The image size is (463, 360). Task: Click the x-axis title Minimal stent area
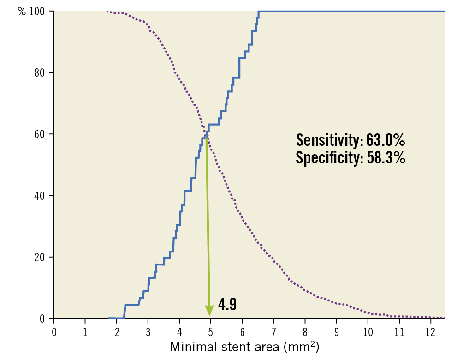tap(244, 347)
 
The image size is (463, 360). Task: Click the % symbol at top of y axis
tap(22, 11)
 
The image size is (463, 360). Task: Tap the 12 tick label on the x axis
tap(430, 331)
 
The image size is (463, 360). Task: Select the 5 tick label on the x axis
tap(211, 331)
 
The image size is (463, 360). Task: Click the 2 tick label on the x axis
tap(117, 331)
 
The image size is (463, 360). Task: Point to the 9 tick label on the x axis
tap(336, 331)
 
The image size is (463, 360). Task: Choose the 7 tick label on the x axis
tap(273, 331)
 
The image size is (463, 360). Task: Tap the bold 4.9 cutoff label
tap(227, 305)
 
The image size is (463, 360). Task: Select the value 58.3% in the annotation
tap(386, 158)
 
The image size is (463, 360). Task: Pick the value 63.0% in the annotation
tap(386, 139)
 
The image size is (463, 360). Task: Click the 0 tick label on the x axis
tap(54, 331)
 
